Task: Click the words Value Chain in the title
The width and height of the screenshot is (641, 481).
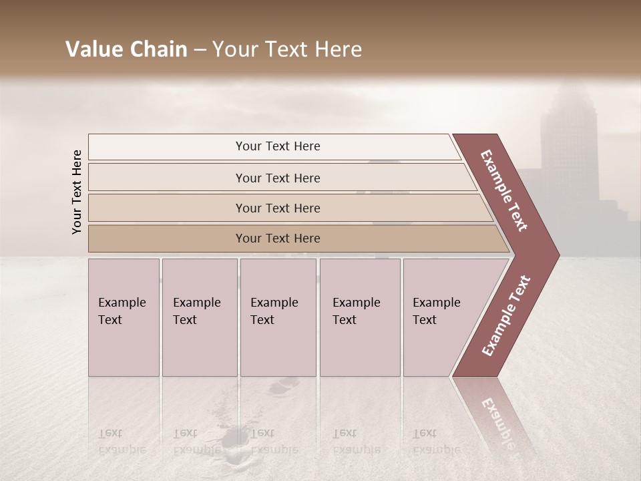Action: point(126,49)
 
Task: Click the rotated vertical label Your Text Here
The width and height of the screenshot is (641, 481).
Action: point(77,192)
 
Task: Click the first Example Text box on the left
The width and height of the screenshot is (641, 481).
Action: point(124,317)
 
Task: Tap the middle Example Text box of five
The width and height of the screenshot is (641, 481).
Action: point(278,317)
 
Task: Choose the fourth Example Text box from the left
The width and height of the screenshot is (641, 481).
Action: point(359,317)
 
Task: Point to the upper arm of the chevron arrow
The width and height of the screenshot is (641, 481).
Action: point(504,190)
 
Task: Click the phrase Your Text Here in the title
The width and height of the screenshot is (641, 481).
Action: point(287,49)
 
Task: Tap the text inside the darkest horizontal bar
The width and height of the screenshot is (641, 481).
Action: point(278,238)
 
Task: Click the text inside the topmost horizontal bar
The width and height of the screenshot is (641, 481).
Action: point(278,146)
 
